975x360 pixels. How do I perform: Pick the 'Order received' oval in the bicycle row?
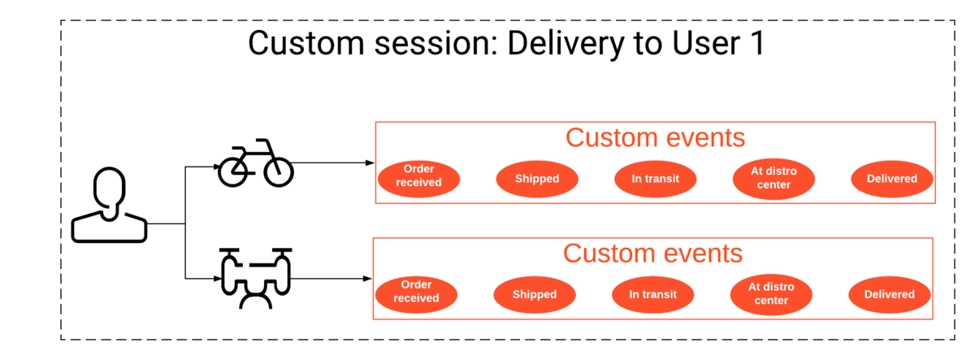418,179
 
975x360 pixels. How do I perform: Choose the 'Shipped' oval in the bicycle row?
537,179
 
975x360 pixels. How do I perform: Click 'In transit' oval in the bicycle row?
656,179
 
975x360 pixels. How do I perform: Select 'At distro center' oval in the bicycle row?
773,179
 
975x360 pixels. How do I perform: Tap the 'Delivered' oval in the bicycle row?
892,179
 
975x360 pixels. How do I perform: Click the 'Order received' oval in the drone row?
416,295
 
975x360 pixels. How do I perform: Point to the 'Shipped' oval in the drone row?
535,295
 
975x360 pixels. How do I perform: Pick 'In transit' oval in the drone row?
653,295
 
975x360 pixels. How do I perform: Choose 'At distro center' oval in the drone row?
771,295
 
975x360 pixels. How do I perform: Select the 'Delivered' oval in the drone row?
890,295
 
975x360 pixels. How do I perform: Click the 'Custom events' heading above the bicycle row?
655,137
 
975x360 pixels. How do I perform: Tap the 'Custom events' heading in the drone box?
652,254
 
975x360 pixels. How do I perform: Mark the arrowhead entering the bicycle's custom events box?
370,163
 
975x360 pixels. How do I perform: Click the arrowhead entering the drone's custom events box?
367,279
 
